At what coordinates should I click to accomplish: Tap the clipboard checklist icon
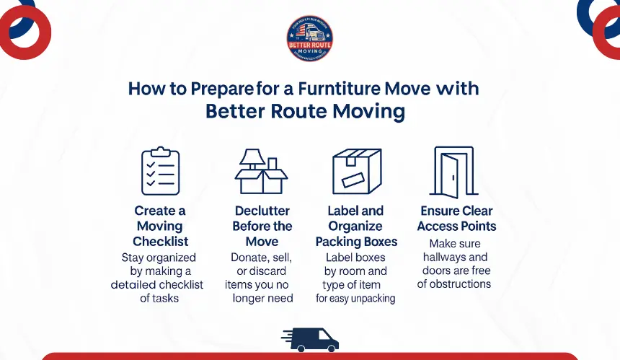coord(160,172)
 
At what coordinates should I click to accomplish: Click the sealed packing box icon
coord(356,172)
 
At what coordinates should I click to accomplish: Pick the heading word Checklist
coord(160,242)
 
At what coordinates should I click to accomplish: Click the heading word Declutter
coord(262,211)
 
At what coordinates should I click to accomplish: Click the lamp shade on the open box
coord(252,157)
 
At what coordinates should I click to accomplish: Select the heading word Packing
coord(338,242)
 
